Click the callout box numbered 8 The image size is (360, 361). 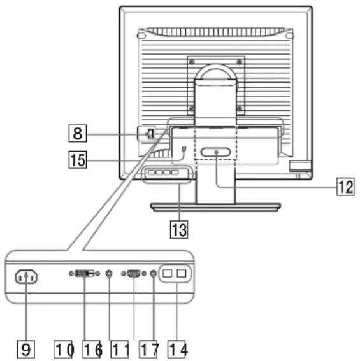point(78,133)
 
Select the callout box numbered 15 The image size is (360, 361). point(78,160)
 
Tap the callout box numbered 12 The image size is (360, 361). point(345,187)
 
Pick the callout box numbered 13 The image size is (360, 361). point(179,229)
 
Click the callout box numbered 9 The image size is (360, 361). point(26,349)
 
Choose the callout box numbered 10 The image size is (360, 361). point(63,350)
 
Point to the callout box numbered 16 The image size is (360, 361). point(92,350)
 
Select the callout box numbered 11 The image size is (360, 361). point(120,350)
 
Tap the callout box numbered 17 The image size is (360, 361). point(148,350)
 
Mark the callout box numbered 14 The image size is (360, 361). point(176,350)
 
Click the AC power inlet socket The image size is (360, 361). point(26,276)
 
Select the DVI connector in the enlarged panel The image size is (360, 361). point(84,273)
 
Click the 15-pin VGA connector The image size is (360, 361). point(134,273)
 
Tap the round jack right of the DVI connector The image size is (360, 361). point(109,273)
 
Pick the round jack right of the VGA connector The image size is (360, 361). point(154,273)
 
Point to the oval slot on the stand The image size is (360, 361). point(215,152)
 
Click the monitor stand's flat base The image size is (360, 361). point(216,207)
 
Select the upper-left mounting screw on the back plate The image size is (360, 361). point(192,62)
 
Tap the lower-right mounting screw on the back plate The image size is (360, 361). point(240,108)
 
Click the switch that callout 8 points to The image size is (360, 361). point(150,134)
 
